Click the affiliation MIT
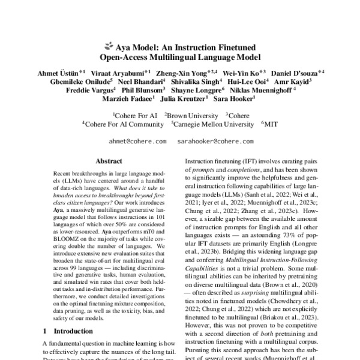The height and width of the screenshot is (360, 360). [271, 124]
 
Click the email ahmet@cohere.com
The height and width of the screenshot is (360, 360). [138, 143]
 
